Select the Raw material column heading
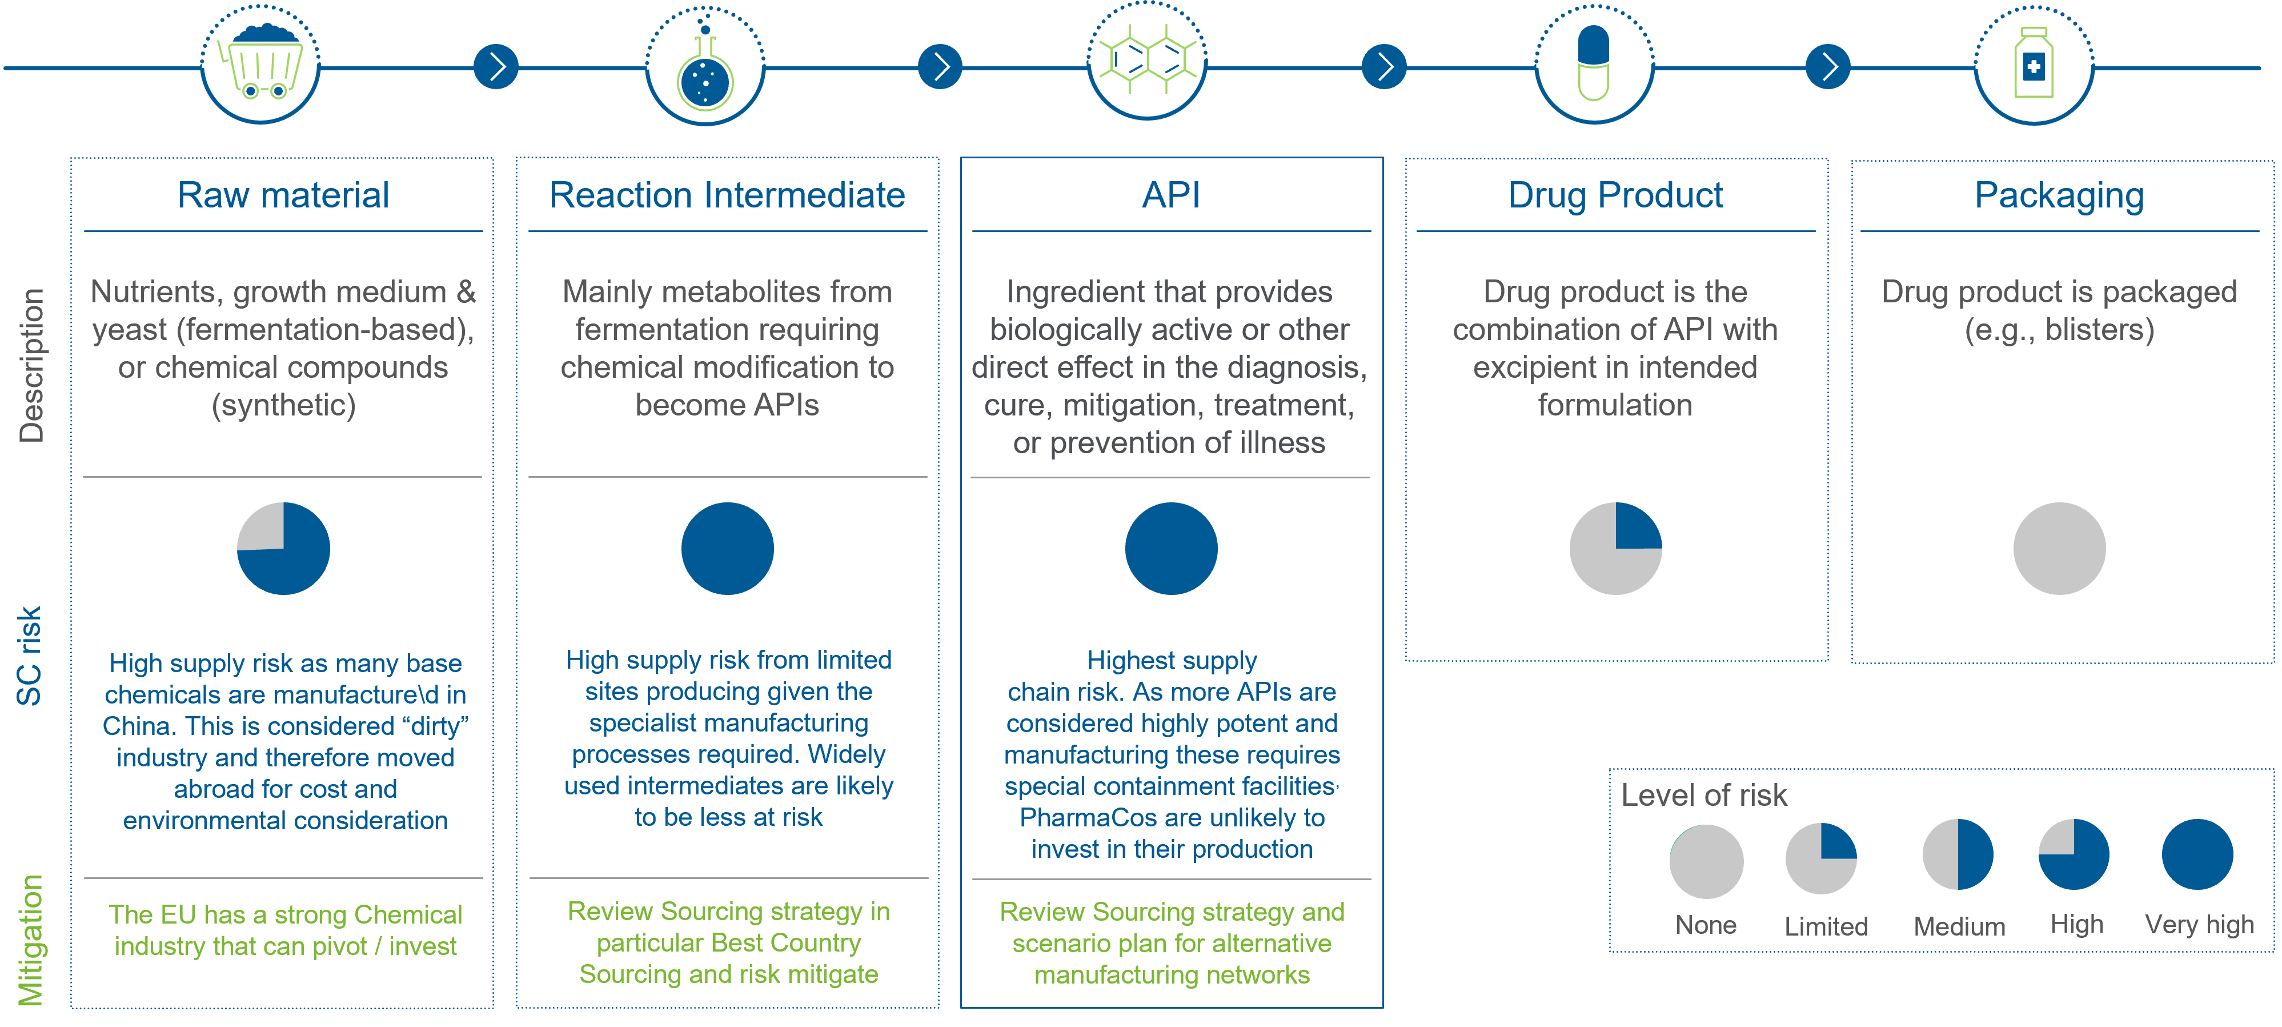[283, 195]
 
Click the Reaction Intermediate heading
[727, 195]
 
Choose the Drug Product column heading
[1616, 195]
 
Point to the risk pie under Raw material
[283, 549]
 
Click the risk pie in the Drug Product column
[1616, 549]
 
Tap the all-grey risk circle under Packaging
[2060, 549]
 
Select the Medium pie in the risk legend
[1958, 854]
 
